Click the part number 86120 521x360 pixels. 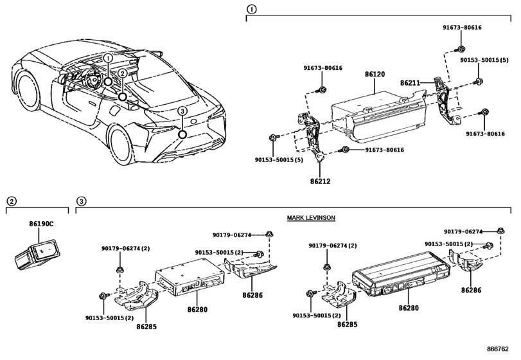(x=375, y=75)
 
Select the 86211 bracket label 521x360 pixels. (x=411, y=84)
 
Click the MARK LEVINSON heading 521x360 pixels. (x=312, y=218)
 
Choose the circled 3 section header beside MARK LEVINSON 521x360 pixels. (x=81, y=202)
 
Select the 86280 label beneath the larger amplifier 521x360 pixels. (x=409, y=308)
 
